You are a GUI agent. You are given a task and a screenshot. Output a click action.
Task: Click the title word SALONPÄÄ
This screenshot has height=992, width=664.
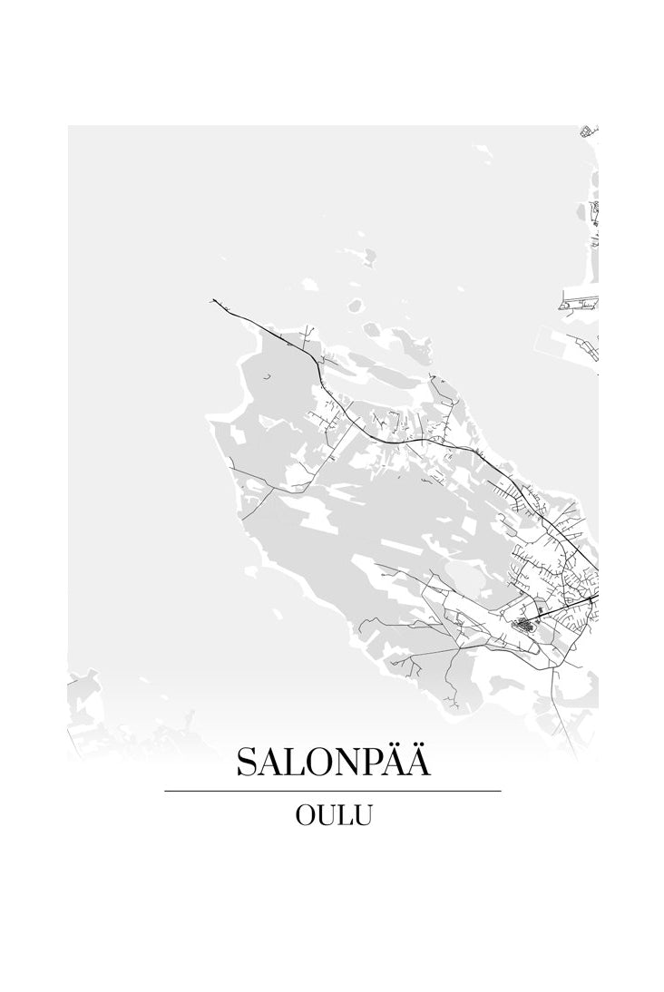[333, 762]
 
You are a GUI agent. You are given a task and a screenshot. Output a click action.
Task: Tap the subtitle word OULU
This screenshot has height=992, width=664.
[333, 815]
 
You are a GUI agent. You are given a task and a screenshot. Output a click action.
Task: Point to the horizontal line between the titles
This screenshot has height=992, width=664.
[333, 791]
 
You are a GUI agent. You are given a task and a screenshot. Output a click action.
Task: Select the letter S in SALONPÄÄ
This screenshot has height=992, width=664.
[247, 763]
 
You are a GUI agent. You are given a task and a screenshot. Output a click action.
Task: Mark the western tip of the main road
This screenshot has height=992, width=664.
[212, 300]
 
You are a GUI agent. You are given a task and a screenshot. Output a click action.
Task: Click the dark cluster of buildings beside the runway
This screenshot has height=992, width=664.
[524, 625]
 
